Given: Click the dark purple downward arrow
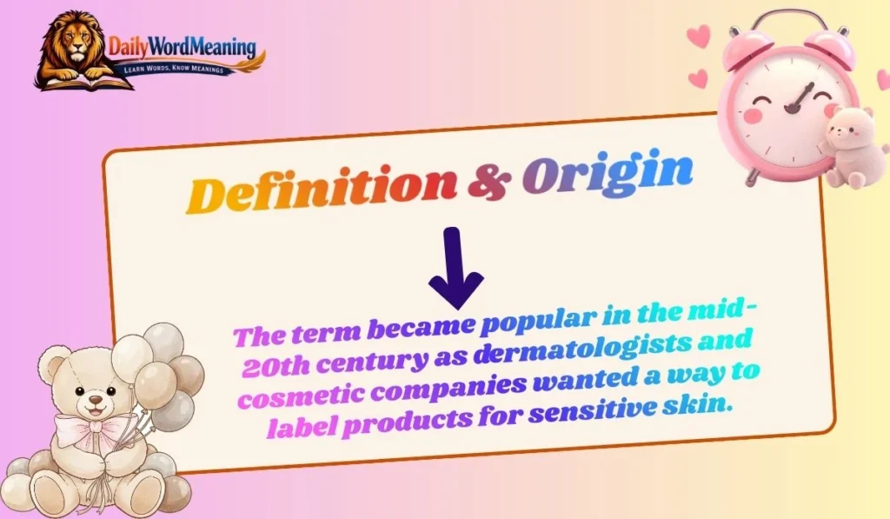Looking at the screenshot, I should coord(455,269).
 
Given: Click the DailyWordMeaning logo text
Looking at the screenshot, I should coord(183,45).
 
